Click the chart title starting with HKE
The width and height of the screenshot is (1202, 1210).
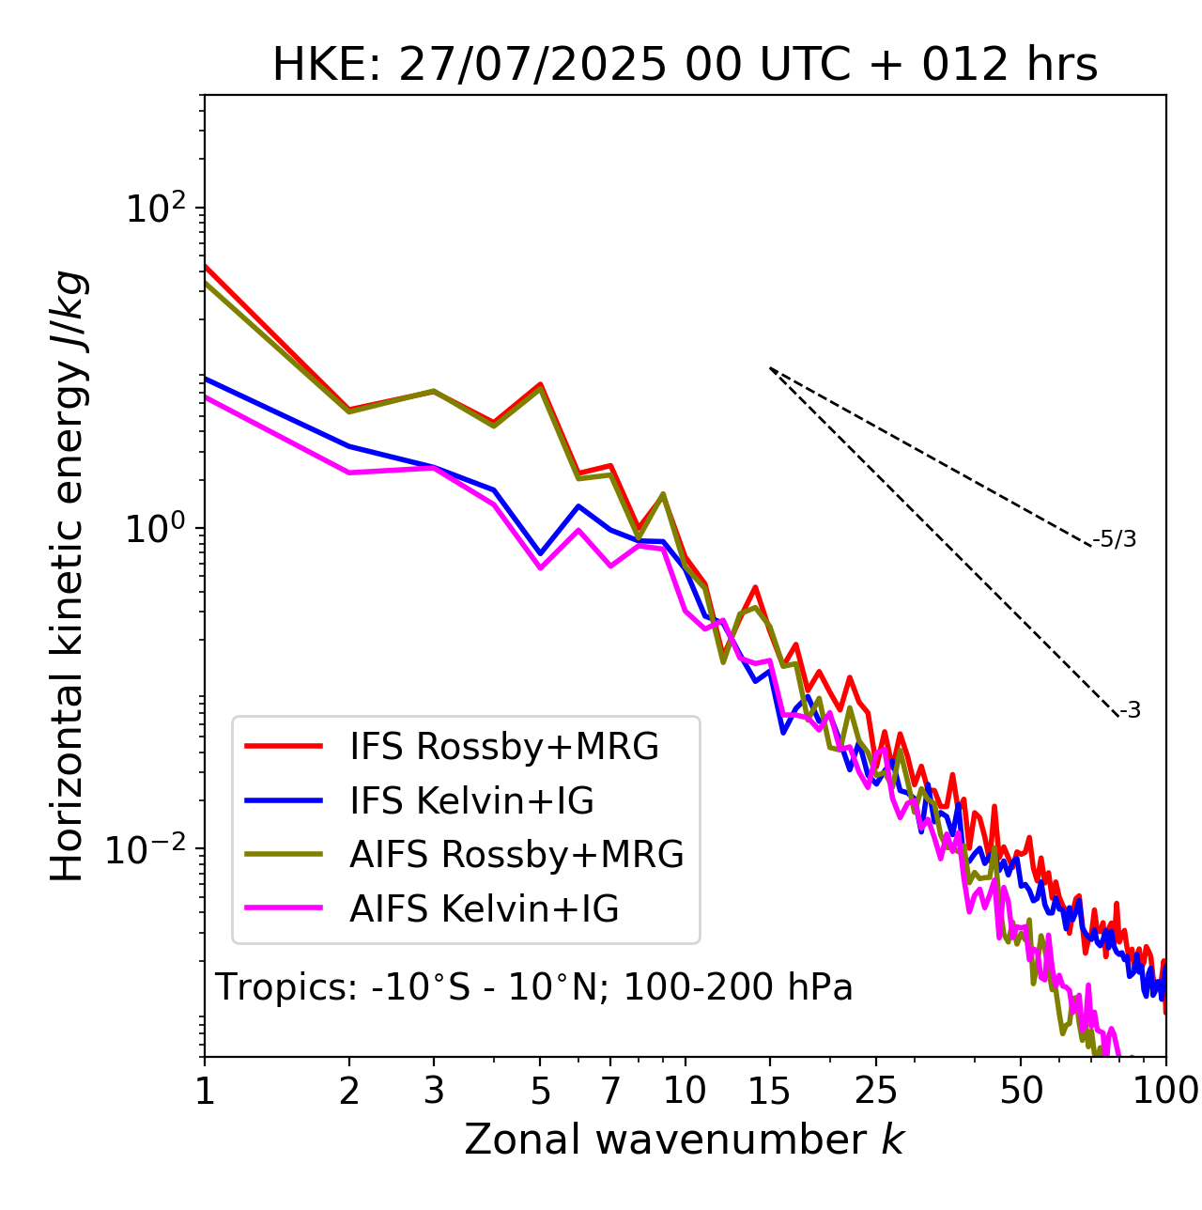point(685,66)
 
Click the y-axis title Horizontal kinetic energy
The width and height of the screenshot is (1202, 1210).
point(69,576)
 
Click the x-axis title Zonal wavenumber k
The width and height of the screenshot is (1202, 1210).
point(684,1140)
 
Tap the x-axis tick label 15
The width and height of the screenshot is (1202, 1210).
point(769,1091)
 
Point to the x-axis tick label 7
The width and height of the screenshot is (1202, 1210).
point(611,1091)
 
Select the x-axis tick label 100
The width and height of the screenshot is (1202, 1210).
point(1165,1091)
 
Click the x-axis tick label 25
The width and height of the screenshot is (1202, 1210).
point(875,1091)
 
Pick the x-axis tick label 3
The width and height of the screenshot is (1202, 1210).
point(434,1091)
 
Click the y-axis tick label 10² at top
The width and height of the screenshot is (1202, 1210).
point(156,208)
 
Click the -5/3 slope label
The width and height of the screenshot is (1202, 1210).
point(1115,540)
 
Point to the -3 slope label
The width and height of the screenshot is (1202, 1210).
point(1131,711)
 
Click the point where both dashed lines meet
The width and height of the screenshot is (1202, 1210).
point(770,368)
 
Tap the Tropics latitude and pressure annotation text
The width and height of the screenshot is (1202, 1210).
point(533,988)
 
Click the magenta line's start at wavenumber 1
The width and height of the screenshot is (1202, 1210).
point(206,396)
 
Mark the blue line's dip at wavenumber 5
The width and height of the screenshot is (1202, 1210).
point(540,554)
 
